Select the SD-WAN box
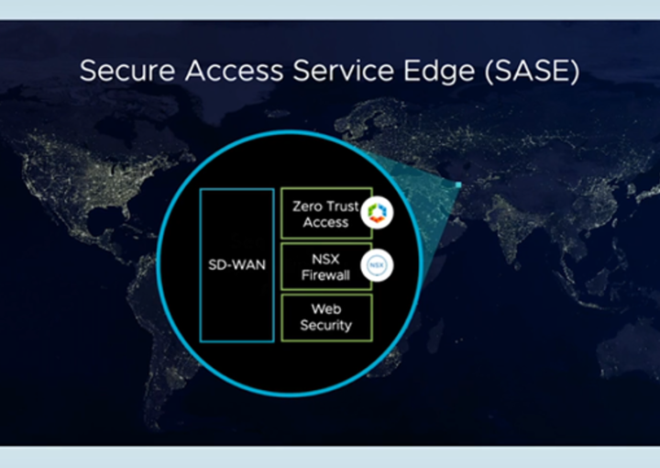click(236, 264)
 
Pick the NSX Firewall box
click(324, 266)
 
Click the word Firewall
click(326, 273)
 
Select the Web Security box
click(326, 318)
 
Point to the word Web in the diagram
click(326, 310)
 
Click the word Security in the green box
click(326, 326)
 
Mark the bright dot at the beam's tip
click(456, 187)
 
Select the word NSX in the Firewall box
click(326, 259)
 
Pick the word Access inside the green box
click(326, 222)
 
